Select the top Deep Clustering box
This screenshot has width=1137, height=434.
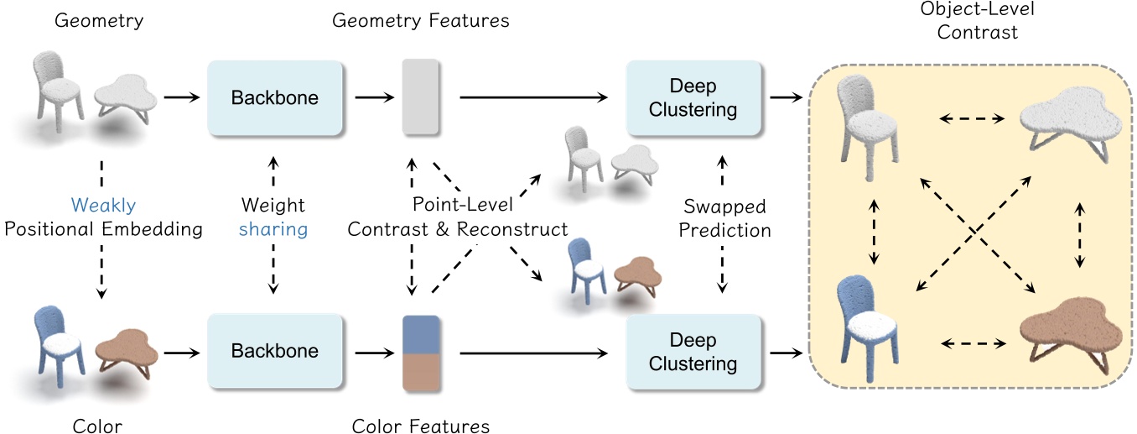[x=692, y=97]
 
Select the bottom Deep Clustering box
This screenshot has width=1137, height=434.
[x=692, y=351]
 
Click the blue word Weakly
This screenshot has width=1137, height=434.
[x=103, y=206]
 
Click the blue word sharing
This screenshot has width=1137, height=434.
[x=273, y=229]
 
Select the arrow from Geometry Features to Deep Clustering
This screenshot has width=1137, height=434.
[x=533, y=98]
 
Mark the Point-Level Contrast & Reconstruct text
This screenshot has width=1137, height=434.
[x=457, y=217]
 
